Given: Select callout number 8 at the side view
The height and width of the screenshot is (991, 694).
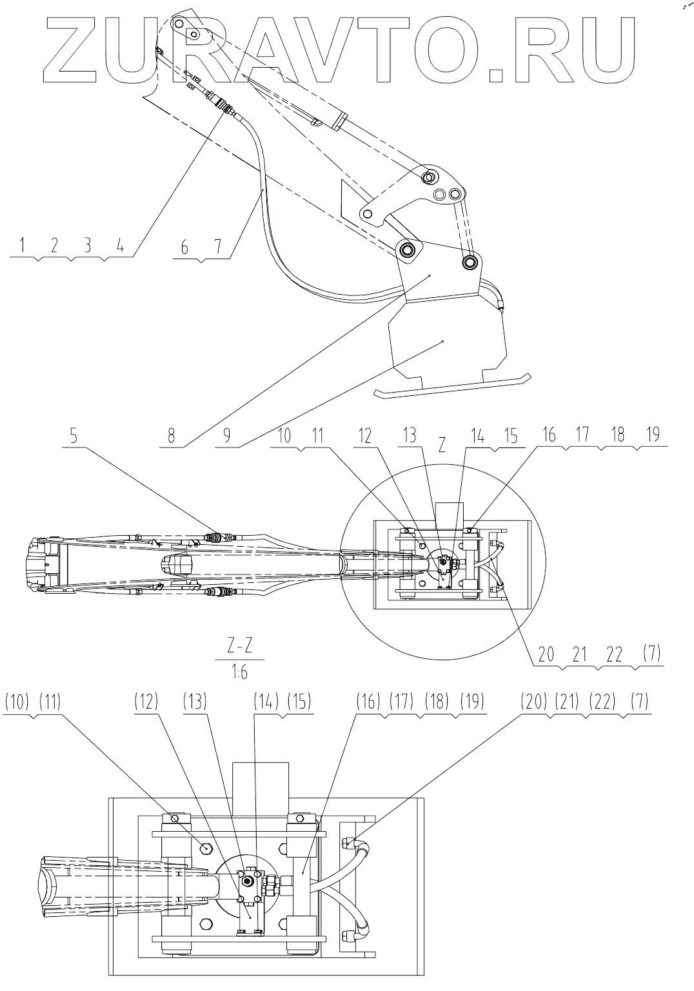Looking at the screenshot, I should (x=171, y=437).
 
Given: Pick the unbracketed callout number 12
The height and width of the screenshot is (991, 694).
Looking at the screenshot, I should (x=366, y=437).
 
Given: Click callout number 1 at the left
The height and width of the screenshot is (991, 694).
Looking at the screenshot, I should (x=23, y=245).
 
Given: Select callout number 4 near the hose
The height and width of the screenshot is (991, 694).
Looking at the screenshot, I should (x=120, y=245).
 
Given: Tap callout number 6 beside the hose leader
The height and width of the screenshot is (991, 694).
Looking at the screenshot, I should (x=185, y=245).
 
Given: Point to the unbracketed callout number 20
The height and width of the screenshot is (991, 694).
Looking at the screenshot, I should (x=546, y=654).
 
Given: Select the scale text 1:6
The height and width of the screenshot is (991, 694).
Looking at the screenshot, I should (x=239, y=672).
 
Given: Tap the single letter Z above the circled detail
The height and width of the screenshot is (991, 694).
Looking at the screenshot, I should (x=442, y=447).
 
